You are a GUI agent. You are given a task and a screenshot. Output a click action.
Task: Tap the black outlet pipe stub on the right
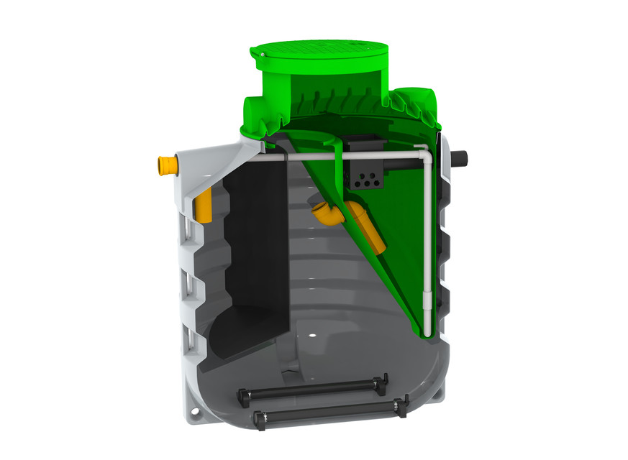click(460, 157)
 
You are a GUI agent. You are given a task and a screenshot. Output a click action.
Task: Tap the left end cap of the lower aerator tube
click(257, 418)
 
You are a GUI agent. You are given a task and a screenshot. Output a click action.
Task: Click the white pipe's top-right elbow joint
click(423, 152)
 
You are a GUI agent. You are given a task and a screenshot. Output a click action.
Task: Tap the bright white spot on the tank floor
click(312, 336)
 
